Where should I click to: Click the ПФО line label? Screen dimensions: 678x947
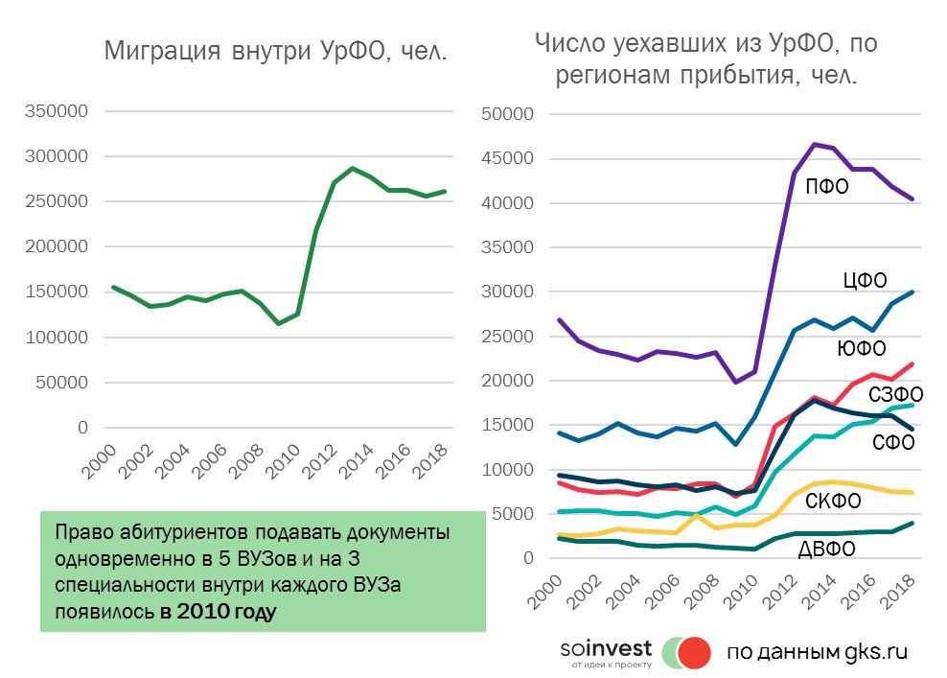pos(827,187)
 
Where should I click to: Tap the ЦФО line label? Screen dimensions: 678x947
pos(864,280)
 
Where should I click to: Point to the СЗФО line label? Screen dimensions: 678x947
pos(896,394)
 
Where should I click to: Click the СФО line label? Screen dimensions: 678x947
pos(894,442)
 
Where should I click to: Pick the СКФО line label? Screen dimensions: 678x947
pos(832,501)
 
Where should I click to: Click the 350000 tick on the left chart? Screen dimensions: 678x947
pos(57,111)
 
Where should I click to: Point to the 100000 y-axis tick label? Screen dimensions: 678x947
pos(57,338)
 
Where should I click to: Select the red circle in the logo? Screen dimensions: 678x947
pos(692,652)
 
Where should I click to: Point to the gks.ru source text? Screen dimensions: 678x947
pos(875,652)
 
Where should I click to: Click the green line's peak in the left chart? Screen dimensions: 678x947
pos(352,168)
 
